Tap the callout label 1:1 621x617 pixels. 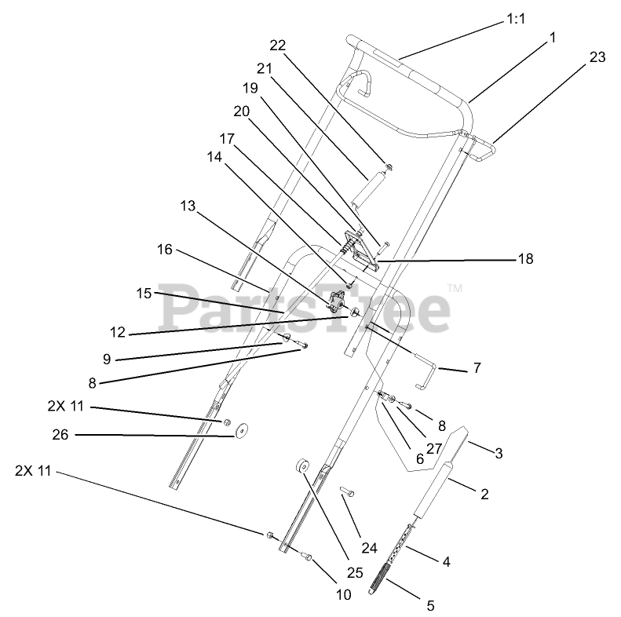[515, 23]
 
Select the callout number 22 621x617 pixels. [277, 45]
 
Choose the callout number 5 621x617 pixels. [429, 604]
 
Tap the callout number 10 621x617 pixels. [343, 594]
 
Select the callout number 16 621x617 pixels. [164, 250]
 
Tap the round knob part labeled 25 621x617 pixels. [302, 468]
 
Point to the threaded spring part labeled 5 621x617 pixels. [382, 582]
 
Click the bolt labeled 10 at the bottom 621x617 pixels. [308, 557]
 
